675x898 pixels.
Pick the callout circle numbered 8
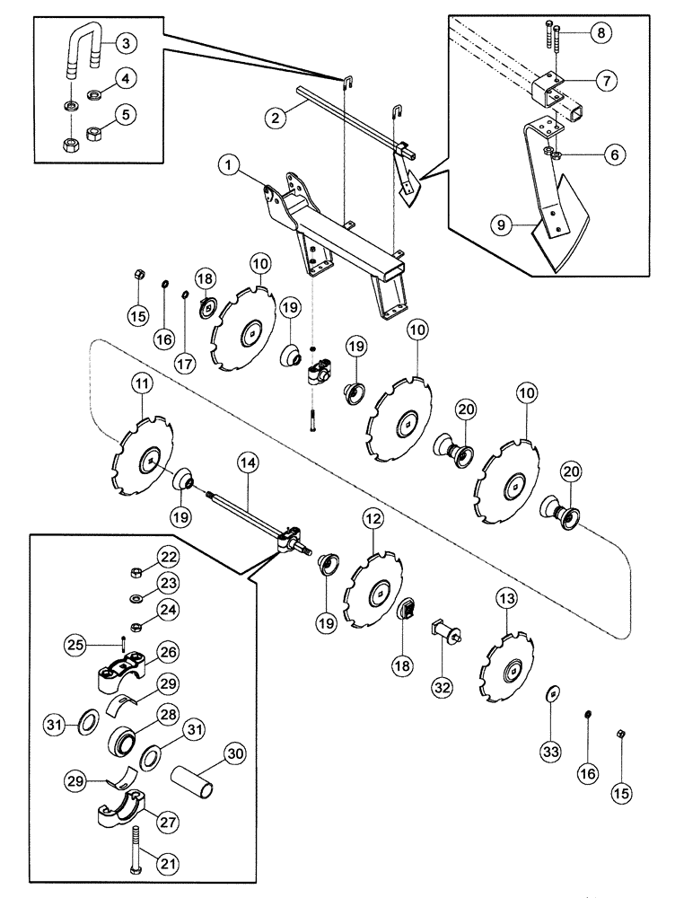(x=601, y=33)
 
